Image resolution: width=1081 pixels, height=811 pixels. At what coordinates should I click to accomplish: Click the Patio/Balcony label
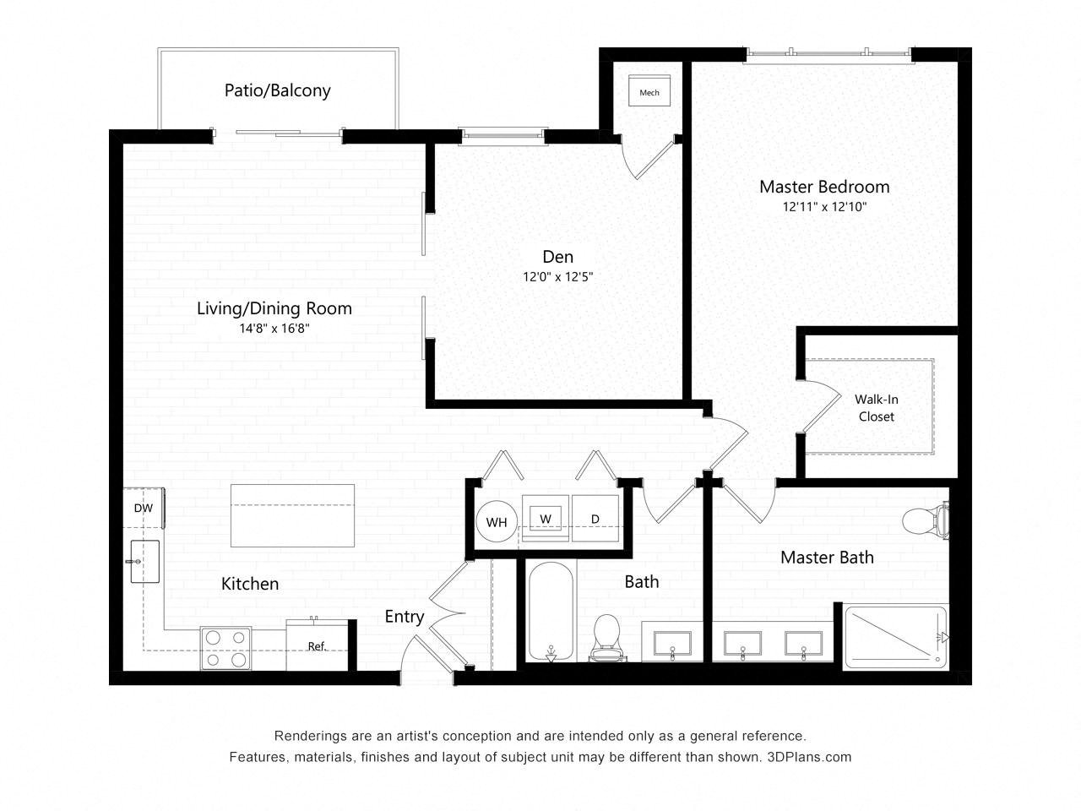click(277, 90)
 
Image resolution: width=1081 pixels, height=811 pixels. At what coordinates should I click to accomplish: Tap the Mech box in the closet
click(649, 92)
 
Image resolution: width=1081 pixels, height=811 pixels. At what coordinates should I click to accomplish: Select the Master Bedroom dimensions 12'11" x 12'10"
click(824, 206)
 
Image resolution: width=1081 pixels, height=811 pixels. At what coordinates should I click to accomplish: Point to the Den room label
click(557, 257)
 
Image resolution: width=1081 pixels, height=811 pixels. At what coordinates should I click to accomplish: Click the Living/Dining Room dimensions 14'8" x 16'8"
click(274, 329)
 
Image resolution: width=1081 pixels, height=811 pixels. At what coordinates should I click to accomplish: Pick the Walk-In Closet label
click(876, 407)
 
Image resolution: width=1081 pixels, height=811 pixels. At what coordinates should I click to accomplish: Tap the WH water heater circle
click(497, 522)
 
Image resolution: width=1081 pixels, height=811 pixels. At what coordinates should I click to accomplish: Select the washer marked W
click(546, 518)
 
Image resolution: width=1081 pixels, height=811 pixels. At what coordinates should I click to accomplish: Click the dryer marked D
click(595, 518)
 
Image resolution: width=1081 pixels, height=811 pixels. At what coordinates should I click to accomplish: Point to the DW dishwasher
click(144, 508)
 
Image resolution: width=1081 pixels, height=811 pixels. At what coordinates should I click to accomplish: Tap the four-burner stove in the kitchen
click(226, 648)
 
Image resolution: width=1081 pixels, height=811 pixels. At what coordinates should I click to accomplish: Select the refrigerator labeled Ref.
click(317, 645)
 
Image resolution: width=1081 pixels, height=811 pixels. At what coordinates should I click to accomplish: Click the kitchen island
click(292, 515)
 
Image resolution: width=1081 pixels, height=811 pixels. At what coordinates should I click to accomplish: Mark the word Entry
click(404, 617)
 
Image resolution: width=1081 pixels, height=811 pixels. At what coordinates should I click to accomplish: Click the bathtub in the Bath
click(551, 612)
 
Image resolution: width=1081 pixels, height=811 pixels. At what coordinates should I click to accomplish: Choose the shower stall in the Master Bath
click(895, 636)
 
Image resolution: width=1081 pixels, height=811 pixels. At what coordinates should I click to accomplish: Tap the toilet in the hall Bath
click(607, 636)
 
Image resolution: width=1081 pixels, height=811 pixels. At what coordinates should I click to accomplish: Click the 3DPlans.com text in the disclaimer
click(810, 757)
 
